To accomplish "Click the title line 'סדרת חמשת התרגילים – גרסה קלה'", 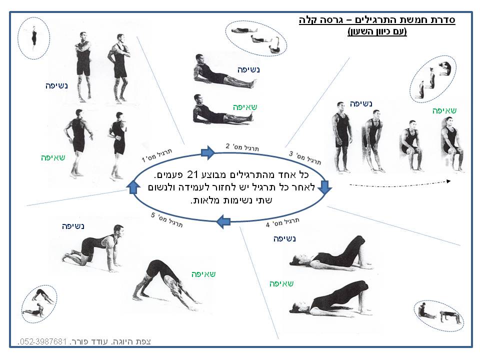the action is tap(377, 20).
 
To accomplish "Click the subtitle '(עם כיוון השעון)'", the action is tap(377, 31).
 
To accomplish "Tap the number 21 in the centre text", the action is tap(192, 175).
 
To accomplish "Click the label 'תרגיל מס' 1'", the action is tap(156, 155).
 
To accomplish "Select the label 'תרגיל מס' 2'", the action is tap(242, 147).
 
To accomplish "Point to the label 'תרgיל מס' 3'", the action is tap(305, 157).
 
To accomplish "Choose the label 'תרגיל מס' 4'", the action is tap(282, 222).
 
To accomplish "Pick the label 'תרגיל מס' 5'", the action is tap(167, 220).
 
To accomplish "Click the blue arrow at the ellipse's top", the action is tap(208, 152).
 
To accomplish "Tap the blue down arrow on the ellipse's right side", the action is tap(324, 187).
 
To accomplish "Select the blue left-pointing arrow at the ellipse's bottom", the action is tap(223, 221).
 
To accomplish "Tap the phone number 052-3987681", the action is tap(42, 341).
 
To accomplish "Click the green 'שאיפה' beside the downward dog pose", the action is tap(203, 274).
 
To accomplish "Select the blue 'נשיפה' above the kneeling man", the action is tap(73, 226).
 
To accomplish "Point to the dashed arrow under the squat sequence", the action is tap(400, 184).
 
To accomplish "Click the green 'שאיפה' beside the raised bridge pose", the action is tap(281, 284).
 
